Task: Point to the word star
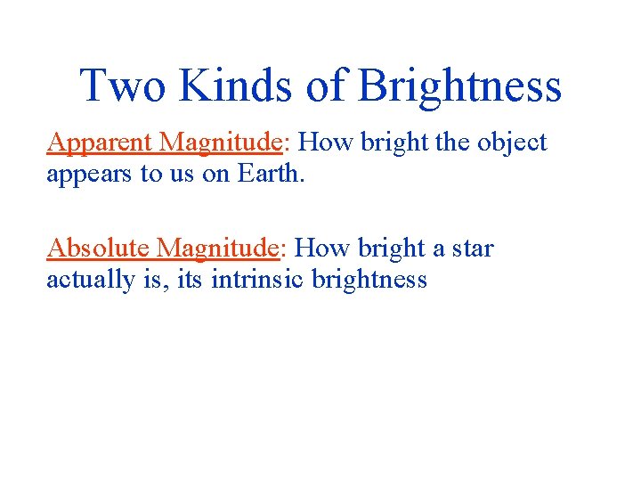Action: click(x=471, y=248)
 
